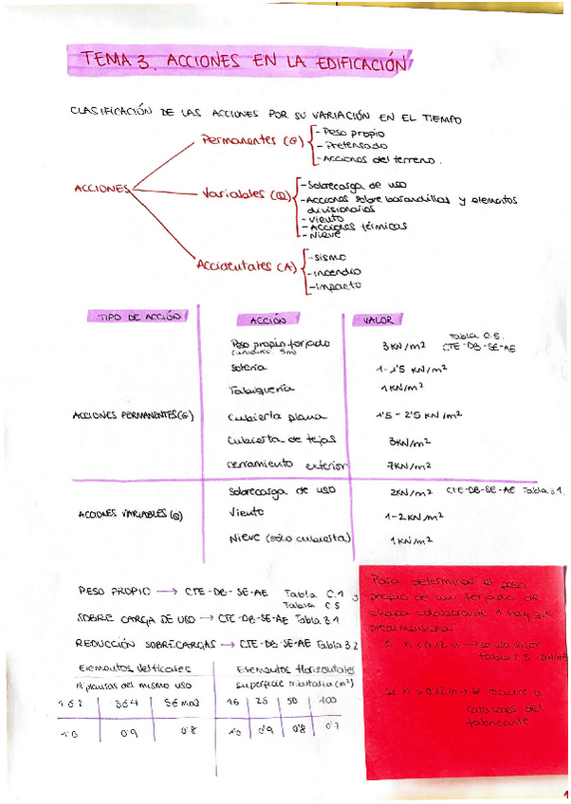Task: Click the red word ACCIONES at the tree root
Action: pyautogui.click(x=100, y=189)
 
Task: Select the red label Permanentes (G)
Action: pyautogui.click(x=251, y=141)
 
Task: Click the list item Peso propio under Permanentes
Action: pyautogui.click(x=344, y=133)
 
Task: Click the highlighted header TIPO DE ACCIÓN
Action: pyautogui.click(x=138, y=317)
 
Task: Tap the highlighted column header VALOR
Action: pyautogui.click(x=373, y=320)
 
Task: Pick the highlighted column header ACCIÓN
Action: pyautogui.click(x=267, y=320)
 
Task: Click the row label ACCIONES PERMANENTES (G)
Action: pyautogui.click(x=139, y=415)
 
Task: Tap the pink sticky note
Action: pyautogui.click(x=465, y=664)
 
